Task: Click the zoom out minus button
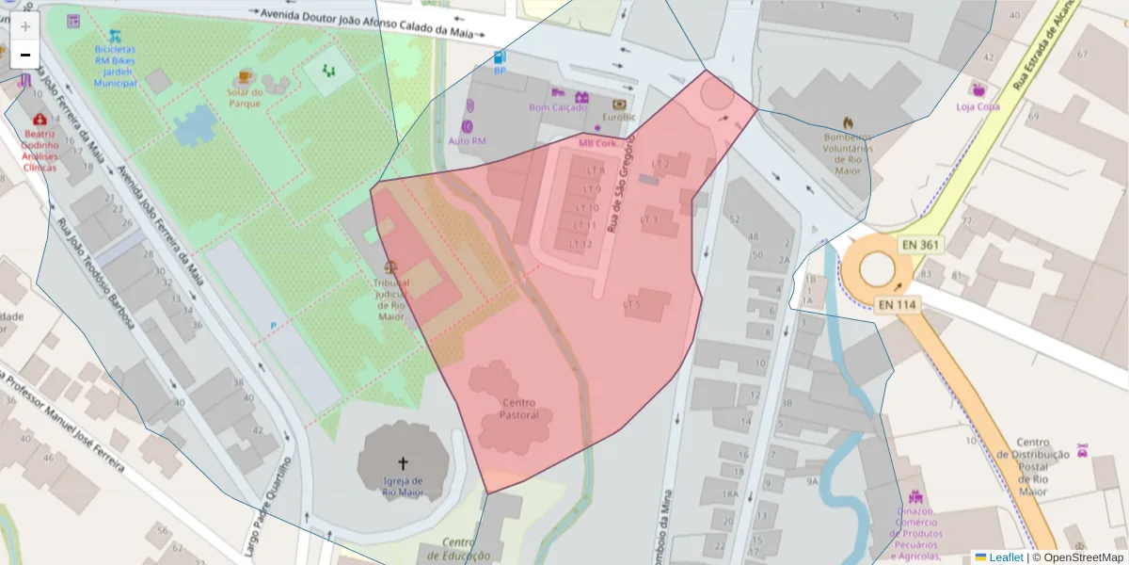[25, 56]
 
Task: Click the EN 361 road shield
[919, 245]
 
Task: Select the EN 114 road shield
[898, 304]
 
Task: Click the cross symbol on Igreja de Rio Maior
[404, 462]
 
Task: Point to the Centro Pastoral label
[518, 409]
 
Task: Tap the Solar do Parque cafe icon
[246, 75]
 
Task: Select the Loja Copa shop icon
[978, 90]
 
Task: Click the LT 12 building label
[581, 244]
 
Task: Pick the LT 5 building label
[632, 304]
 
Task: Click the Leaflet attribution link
[1005, 557]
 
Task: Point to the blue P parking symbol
[274, 325]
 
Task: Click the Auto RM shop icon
[468, 126]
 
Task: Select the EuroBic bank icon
[619, 104]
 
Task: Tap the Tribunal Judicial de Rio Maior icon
[391, 267]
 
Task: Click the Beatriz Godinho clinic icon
[40, 120]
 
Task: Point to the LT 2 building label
[660, 164]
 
